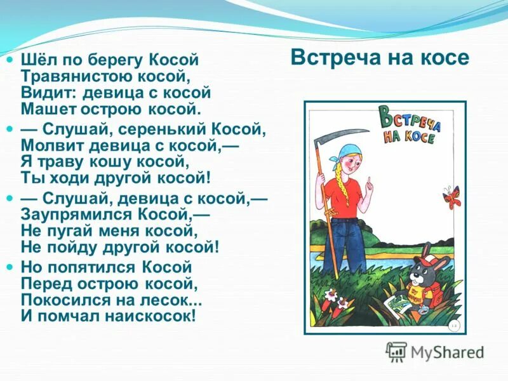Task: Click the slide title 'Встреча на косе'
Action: coord(380,58)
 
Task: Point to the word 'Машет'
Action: coord(45,109)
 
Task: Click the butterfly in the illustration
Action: coord(451,196)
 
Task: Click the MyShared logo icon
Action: coord(396,351)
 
